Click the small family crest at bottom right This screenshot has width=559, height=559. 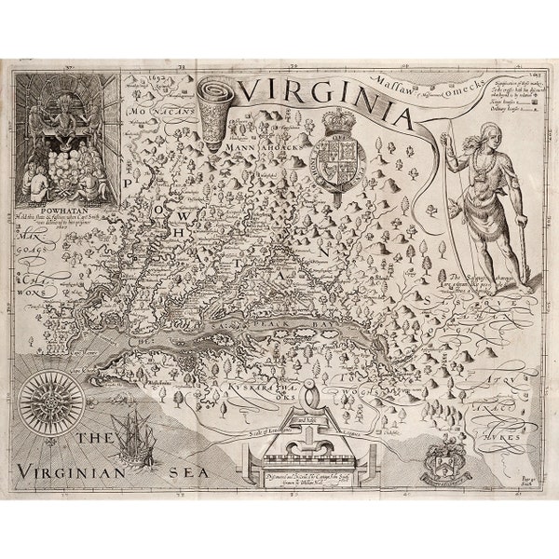point(443,459)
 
